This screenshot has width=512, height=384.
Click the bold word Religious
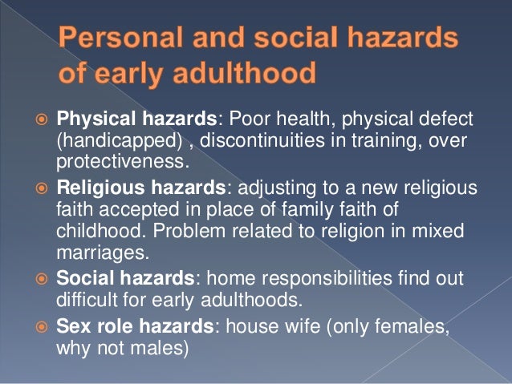pyautogui.click(x=91, y=189)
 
